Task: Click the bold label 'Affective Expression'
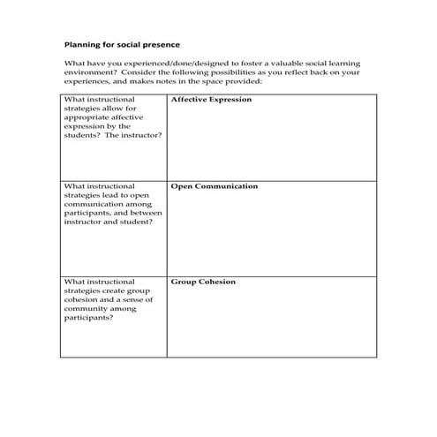coord(211,100)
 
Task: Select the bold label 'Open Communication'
coord(215,187)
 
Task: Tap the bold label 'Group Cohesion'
coord(203,283)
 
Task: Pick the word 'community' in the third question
coord(85,308)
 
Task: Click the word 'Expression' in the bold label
coord(229,100)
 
